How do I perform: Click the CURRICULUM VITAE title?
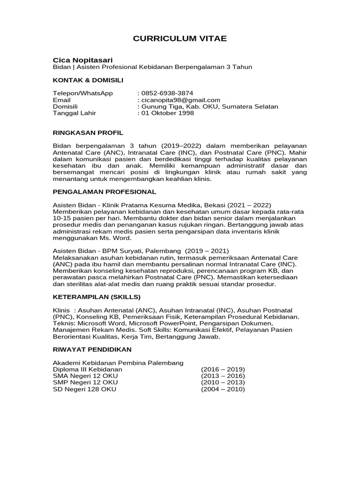pos(180,38)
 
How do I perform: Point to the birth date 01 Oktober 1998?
pos(168,113)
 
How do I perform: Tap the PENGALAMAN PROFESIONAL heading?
pos(104,192)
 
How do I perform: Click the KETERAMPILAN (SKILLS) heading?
pos(97,297)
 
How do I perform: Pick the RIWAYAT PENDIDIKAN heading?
pos(92,349)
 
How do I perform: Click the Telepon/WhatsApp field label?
pos(82,93)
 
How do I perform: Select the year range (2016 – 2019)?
pos(223,369)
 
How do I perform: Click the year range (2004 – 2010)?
pos(223,389)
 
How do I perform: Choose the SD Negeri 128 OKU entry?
pos(84,389)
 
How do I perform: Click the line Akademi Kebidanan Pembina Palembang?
pos(118,363)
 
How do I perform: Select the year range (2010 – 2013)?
pos(223,382)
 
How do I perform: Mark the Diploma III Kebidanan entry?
pos(87,369)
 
